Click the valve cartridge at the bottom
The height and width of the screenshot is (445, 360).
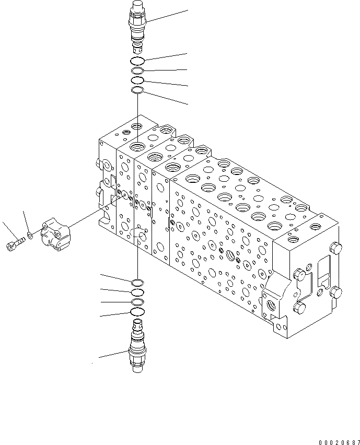point(137,350)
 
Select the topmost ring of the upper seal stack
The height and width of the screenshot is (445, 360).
point(137,61)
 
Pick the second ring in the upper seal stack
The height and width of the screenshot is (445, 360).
point(137,71)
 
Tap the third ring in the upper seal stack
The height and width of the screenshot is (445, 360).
point(137,80)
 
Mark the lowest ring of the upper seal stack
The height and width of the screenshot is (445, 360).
point(137,91)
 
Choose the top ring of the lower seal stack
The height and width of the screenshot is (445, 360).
point(137,283)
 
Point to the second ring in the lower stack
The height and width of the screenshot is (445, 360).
point(137,292)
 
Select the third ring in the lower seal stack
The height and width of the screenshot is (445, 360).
point(137,302)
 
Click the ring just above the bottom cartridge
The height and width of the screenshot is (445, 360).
point(137,312)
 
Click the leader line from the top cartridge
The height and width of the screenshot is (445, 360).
point(167,15)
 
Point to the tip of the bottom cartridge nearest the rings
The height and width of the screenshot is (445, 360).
point(137,324)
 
